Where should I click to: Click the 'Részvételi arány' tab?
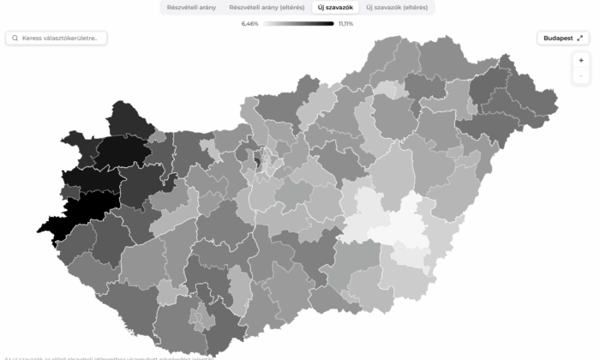(x=191, y=8)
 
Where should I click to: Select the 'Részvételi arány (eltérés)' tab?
(x=267, y=8)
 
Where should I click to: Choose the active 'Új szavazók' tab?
(x=335, y=8)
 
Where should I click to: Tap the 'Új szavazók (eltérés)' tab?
(x=398, y=8)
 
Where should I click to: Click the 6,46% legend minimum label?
(x=249, y=24)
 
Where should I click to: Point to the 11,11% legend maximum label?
(x=346, y=24)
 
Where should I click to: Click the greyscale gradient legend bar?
(x=297, y=24)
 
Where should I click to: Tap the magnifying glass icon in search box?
(x=15, y=38)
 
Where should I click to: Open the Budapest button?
(x=562, y=38)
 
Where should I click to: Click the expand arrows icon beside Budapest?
(x=580, y=38)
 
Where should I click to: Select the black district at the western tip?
(x=81, y=214)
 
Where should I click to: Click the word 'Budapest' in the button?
(x=557, y=38)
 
